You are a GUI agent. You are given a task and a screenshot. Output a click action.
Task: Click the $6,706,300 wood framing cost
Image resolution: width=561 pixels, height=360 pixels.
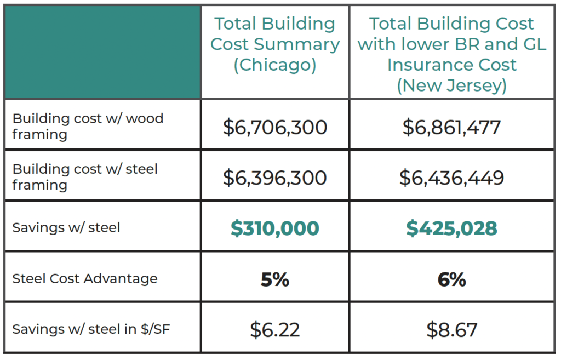point(275,128)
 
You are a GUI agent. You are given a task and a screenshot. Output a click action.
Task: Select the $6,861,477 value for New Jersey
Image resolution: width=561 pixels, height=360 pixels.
point(451,128)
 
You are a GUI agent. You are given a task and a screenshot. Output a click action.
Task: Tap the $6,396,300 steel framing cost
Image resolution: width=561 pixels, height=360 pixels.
point(275,178)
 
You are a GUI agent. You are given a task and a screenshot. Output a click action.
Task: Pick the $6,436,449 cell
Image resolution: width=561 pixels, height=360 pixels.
point(451,178)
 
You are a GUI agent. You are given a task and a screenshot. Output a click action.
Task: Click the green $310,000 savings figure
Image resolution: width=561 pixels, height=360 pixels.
point(275,228)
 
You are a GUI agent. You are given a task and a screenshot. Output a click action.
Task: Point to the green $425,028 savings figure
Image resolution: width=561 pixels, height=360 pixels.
point(451,228)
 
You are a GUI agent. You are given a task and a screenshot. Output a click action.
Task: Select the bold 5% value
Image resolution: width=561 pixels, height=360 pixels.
point(275,279)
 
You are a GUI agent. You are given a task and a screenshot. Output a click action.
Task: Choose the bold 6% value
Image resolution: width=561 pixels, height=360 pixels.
point(451,279)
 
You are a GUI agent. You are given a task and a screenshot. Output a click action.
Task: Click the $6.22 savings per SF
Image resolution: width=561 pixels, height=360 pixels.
point(275,330)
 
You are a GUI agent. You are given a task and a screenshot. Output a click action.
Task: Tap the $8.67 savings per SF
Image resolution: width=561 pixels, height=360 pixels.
point(451,330)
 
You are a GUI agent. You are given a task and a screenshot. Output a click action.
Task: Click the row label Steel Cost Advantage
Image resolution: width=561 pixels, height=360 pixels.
point(85,278)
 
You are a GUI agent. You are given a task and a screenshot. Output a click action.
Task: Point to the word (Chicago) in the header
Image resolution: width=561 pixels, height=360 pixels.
point(275,65)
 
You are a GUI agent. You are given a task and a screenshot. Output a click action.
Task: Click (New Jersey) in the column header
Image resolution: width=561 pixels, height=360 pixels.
point(451,85)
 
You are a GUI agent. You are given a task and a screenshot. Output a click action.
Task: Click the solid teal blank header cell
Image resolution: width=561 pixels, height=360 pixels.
point(103,52)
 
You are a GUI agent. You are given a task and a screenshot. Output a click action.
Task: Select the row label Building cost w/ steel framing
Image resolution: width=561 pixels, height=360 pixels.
point(85,176)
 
